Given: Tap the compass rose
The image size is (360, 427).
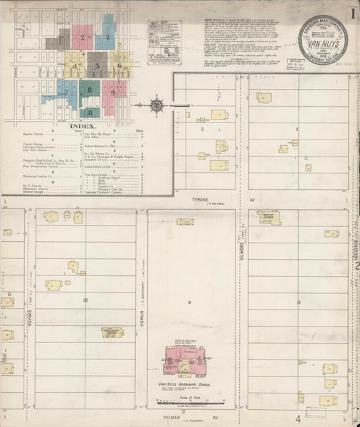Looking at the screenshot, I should point(157,107).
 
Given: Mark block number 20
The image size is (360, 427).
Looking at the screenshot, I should point(85,300).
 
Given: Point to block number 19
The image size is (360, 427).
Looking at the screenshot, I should point(189,303).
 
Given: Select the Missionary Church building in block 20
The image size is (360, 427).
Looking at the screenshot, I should point(112,332).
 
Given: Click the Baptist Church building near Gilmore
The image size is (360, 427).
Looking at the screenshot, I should point(270,218).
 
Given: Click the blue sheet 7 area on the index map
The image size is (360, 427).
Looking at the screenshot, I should point(68,92).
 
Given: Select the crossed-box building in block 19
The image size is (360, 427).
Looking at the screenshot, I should point(185,222).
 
